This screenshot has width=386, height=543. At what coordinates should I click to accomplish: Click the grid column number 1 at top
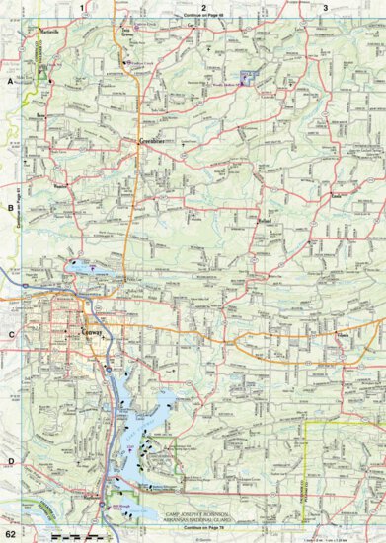click(x=85, y=7)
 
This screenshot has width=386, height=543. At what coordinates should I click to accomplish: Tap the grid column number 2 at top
click(x=203, y=7)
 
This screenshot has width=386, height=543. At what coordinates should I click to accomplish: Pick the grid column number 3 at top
click(x=327, y=7)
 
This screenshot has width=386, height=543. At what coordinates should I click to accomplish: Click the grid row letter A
click(x=10, y=85)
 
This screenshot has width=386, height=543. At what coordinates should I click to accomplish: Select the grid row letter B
click(x=10, y=208)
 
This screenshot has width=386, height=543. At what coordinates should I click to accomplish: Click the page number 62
click(x=10, y=534)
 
